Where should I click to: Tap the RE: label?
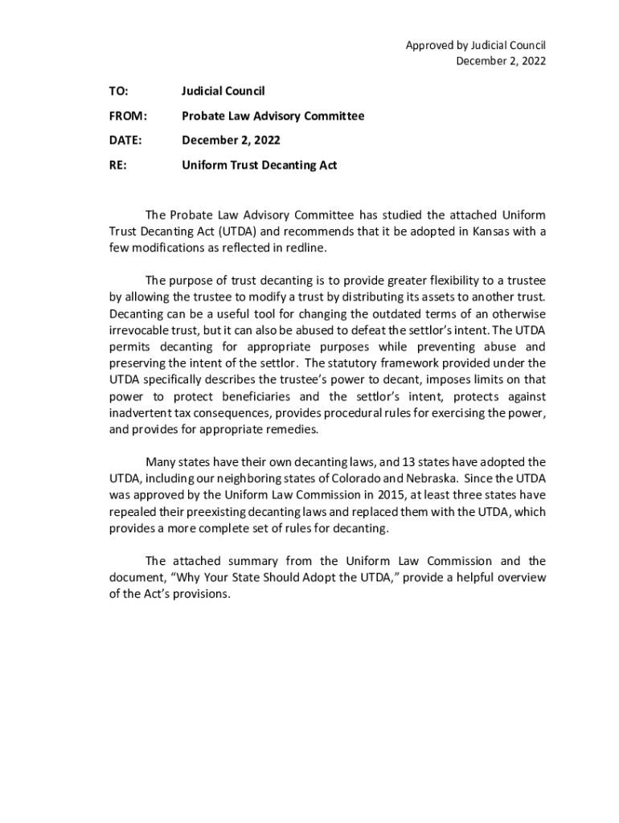coord(117,166)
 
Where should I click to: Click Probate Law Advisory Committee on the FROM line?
coord(273,116)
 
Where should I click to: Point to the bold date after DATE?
coord(231,141)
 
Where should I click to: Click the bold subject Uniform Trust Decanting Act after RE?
coord(259,166)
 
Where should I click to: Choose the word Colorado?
coord(354,479)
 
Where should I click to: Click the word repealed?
coord(133,512)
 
